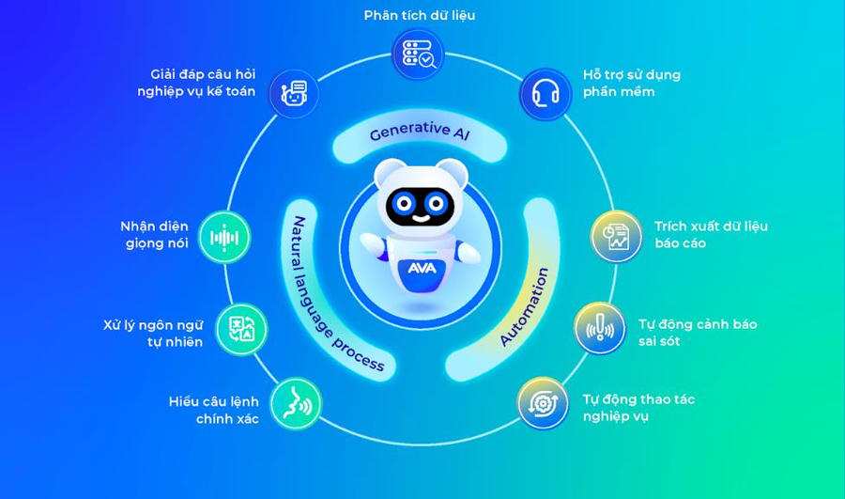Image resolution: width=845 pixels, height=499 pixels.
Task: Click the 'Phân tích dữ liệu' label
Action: [420, 16]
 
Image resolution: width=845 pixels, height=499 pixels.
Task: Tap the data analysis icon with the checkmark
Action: [419, 55]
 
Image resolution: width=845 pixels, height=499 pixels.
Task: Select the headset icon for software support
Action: [545, 94]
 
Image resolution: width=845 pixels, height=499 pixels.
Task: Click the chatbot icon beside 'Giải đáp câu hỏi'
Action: [294, 93]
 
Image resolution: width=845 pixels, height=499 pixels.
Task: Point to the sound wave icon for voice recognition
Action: [224, 238]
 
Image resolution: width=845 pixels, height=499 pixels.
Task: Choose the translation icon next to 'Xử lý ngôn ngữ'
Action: [241, 329]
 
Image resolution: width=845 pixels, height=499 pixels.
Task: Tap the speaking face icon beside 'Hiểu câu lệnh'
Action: [296, 404]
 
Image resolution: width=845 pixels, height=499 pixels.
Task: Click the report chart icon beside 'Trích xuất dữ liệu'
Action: [617, 236]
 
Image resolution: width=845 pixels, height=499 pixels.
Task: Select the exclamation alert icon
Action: [600, 328]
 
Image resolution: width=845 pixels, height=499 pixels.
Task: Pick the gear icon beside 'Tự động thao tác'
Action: [543, 403]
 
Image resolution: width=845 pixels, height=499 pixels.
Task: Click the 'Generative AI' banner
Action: [420, 135]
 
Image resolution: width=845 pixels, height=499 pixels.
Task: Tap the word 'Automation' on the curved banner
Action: [524, 305]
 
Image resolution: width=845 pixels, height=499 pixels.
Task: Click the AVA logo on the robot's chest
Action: [422, 268]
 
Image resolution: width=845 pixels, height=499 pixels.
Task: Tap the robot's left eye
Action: [405, 204]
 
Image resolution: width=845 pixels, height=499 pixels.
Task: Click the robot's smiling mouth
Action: [422, 218]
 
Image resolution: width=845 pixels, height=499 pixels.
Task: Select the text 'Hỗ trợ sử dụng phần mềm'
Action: [632, 83]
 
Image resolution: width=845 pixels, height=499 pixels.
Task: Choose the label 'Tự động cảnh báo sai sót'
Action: [698, 333]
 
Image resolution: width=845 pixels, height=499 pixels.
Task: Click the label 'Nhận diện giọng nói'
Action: [154, 235]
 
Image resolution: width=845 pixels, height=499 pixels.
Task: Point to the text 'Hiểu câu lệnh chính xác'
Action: [214, 410]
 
